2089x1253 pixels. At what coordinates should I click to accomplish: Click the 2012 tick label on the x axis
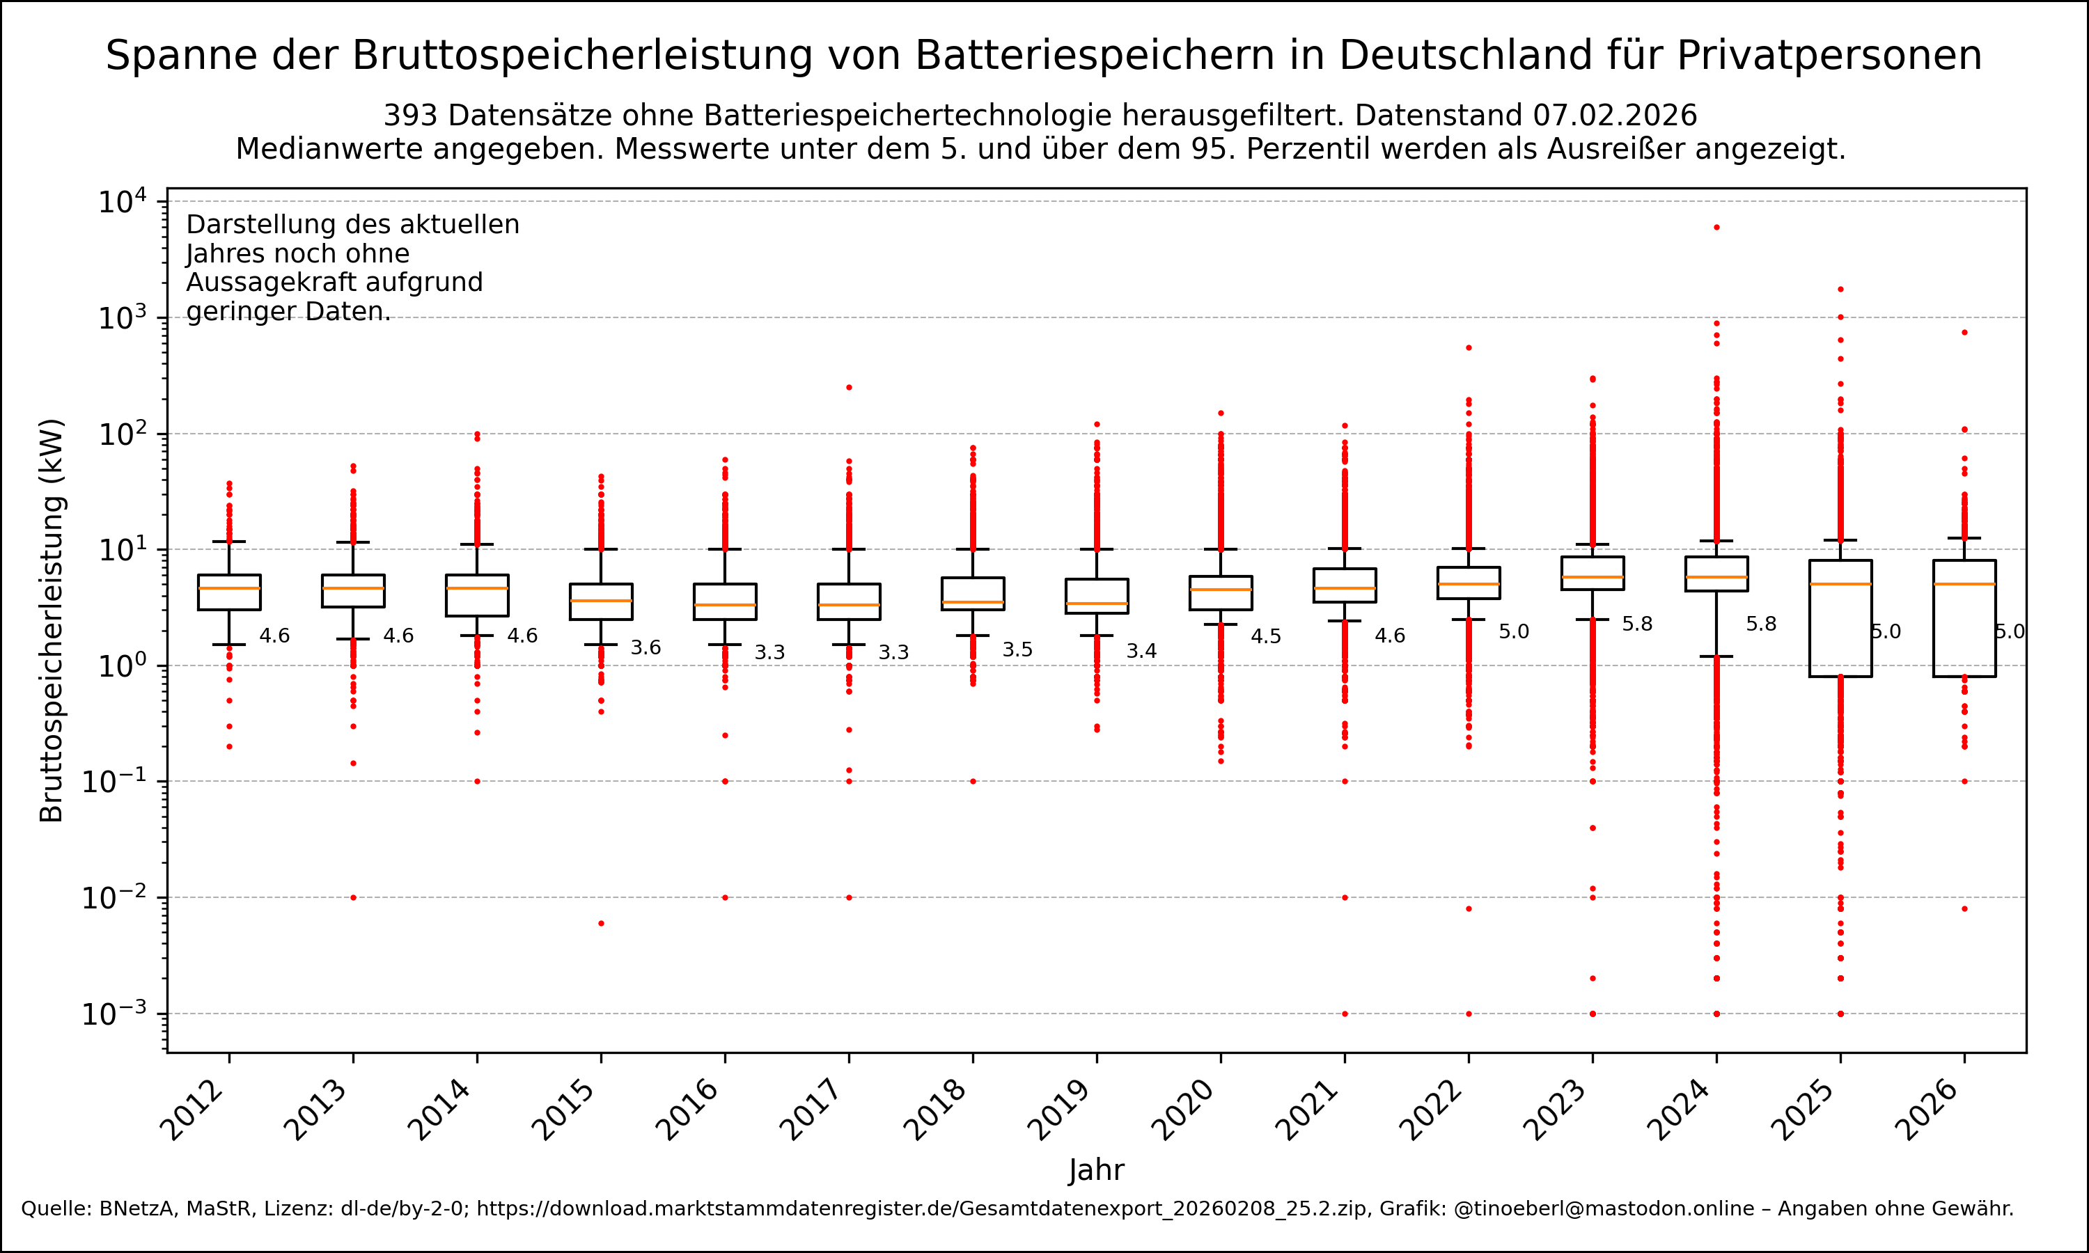(x=192, y=1110)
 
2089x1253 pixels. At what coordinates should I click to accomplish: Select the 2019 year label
(x=1060, y=1110)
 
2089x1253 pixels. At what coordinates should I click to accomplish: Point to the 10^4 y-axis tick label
(x=122, y=203)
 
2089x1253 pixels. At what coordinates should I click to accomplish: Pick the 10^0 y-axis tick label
(x=122, y=666)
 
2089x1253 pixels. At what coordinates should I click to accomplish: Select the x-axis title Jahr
(x=1096, y=1170)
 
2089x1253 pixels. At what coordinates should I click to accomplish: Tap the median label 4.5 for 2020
(x=1266, y=637)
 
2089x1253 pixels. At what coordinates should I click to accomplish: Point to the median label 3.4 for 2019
(x=1141, y=651)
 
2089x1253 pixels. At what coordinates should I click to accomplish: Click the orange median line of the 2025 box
(x=1840, y=584)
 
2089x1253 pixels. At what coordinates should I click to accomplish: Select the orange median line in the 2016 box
(x=726, y=604)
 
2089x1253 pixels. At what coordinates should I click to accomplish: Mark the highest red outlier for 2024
(x=1716, y=227)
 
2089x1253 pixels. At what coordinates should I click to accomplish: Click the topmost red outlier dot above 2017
(x=850, y=388)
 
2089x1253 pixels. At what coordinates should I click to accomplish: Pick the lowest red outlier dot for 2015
(x=601, y=924)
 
